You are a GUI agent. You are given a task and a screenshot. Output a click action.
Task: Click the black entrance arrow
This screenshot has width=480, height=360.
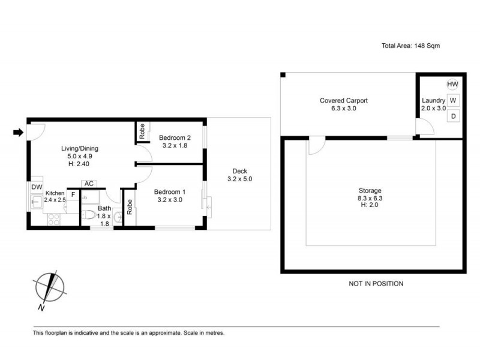[x=17, y=133]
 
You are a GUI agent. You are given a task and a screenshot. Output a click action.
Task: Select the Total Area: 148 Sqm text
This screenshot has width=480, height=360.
[x=411, y=46]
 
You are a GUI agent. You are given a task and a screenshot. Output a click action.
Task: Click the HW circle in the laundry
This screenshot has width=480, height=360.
[x=453, y=85]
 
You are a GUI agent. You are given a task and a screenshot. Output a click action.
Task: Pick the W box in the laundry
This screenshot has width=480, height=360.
[x=453, y=100]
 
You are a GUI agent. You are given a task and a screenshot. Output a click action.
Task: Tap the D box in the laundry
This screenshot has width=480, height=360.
[x=453, y=116]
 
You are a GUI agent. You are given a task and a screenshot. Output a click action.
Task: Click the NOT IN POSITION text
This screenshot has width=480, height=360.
[x=376, y=284]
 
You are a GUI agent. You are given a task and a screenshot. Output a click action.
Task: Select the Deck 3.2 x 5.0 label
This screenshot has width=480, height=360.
[x=239, y=175]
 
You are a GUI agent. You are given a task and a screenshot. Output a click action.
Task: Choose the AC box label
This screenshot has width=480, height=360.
[x=88, y=184]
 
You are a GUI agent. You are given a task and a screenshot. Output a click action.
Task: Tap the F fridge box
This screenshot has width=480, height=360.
[x=73, y=195]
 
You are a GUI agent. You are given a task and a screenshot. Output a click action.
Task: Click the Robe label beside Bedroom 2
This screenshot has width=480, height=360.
[x=142, y=132]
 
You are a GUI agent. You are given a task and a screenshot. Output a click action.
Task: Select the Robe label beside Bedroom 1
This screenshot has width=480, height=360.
[x=130, y=206]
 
